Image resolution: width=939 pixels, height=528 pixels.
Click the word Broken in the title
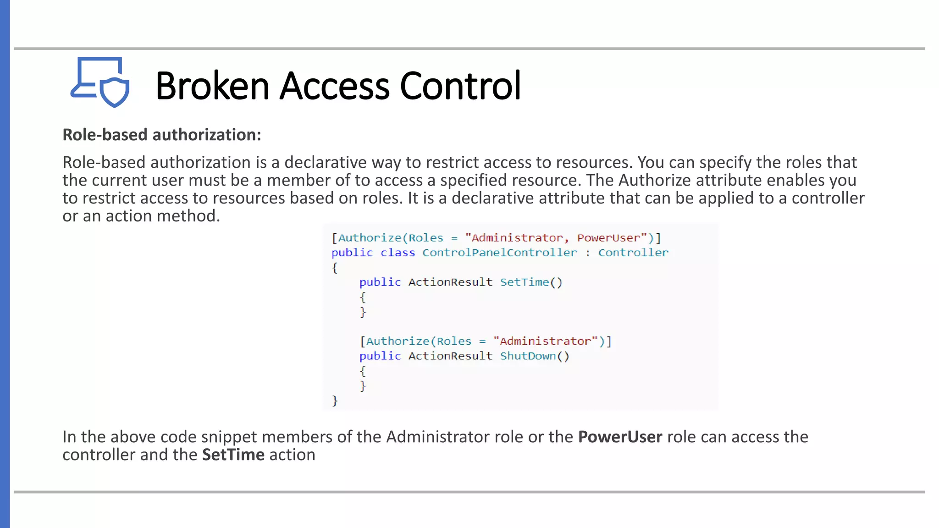tap(212, 86)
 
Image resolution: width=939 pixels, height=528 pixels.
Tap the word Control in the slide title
tap(460, 86)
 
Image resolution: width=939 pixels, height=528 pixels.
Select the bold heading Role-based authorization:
tap(161, 135)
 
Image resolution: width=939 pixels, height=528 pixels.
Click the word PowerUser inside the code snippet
tap(608, 238)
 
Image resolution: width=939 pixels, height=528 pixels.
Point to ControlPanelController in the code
tap(499, 253)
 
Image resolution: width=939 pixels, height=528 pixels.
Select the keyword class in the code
tap(398, 253)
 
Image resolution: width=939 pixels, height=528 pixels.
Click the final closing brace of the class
tap(335, 401)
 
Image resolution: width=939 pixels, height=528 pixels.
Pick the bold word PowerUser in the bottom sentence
tap(620, 437)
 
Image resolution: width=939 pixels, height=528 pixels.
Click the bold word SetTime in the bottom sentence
tap(233, 455)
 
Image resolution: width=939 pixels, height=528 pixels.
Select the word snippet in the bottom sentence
tap(229, 437)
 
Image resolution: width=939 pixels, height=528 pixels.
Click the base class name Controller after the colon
tap(633, 253)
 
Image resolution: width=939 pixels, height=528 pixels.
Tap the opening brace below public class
tap(335, 268)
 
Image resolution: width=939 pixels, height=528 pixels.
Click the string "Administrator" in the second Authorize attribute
tap(545, 341)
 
